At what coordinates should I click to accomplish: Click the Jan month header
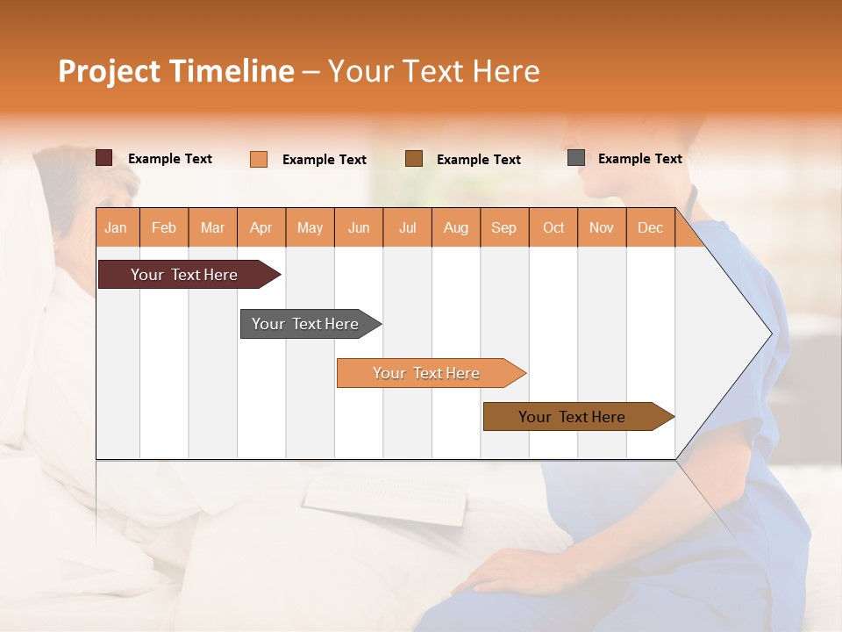117,227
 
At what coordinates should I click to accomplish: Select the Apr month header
261,227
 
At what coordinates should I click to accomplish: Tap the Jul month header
407,227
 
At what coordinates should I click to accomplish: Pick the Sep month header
503,227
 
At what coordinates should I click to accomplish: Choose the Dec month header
650,227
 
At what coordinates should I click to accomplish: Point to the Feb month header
164,227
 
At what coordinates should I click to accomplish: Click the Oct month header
553,227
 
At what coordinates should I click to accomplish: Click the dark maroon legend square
104,158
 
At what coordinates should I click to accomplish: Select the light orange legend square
259,159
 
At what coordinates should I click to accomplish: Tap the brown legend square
414,159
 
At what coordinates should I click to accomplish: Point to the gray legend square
576,158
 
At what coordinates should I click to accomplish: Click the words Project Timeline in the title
176,71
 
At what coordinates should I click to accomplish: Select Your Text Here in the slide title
433,71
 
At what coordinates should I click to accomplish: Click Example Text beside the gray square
639,159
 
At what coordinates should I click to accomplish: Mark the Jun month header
359,227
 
